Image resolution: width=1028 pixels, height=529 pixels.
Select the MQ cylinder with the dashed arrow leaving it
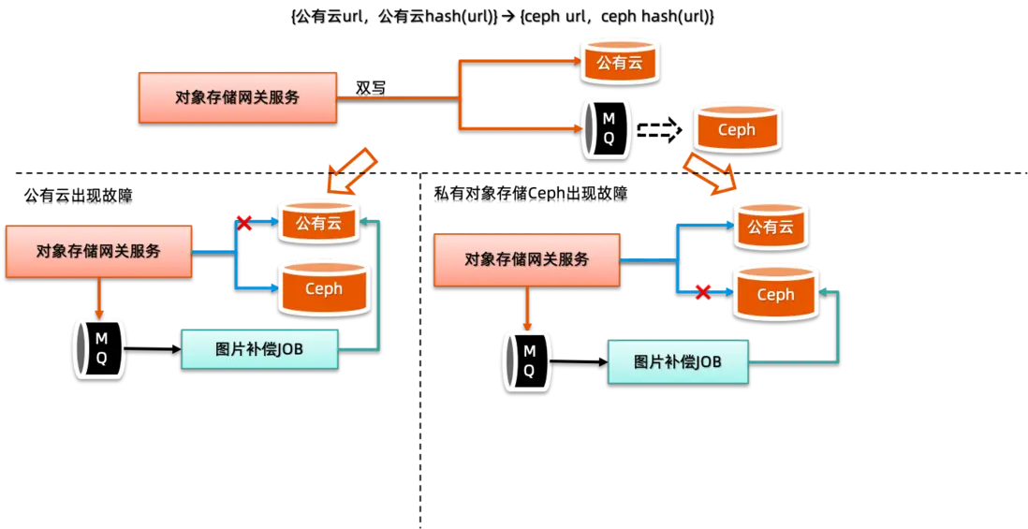click(608, 128)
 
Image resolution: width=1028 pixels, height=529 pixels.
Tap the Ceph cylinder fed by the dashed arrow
click(736, 128)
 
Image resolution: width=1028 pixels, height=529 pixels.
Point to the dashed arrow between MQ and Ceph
click(657, 132)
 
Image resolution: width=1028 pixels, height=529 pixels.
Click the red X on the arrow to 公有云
click(243, 223)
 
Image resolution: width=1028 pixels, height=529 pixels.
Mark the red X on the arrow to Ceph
click(702, 293)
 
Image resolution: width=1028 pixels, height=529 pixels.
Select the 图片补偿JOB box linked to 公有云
click(260, 349)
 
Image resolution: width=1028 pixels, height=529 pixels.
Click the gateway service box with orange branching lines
click(237, 96)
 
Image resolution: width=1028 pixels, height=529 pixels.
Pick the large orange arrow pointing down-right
click(710, 174)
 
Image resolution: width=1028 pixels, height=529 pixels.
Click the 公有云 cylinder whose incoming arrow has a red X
click(318, 221)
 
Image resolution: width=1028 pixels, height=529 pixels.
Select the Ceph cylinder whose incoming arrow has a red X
click(775, 292)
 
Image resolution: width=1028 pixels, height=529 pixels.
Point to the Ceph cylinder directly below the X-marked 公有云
click(324, 287)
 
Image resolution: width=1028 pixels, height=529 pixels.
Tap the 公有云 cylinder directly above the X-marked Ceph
click(770, 225)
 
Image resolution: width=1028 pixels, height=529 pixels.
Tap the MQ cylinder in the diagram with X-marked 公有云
click(98, 347)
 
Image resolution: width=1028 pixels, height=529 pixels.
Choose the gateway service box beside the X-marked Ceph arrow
click(526, 259)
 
